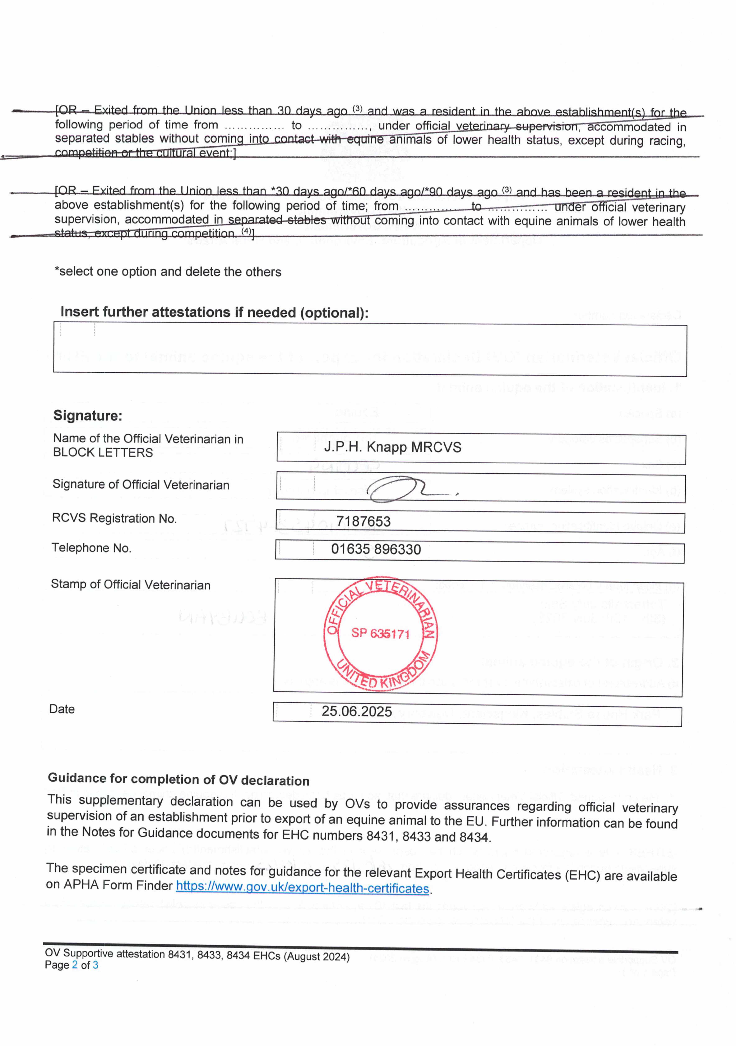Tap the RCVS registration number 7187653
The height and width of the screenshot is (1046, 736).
coord(363,521)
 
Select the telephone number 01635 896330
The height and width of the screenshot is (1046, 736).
coord(376,549)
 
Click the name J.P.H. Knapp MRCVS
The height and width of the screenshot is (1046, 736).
coord(392,447)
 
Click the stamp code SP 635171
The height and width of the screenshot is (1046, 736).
coord(380,633)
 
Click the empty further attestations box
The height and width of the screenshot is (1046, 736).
coord(370,350)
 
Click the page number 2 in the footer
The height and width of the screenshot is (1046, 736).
coord(75,965)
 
